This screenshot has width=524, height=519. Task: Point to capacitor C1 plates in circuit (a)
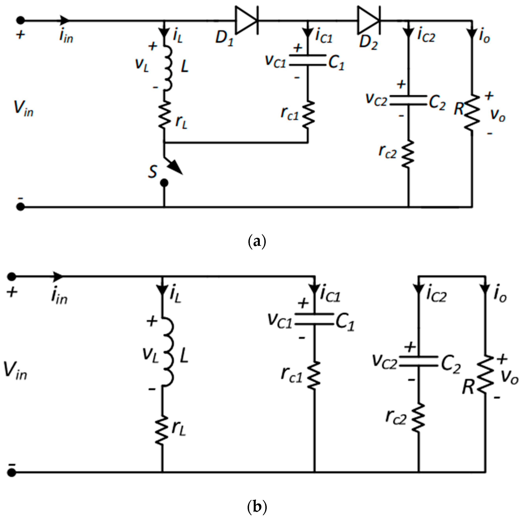point(307,60)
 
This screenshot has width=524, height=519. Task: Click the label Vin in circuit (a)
point(23,108)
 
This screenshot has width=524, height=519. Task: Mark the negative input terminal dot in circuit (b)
point(11,473)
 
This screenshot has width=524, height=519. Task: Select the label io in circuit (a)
point(484,37)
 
